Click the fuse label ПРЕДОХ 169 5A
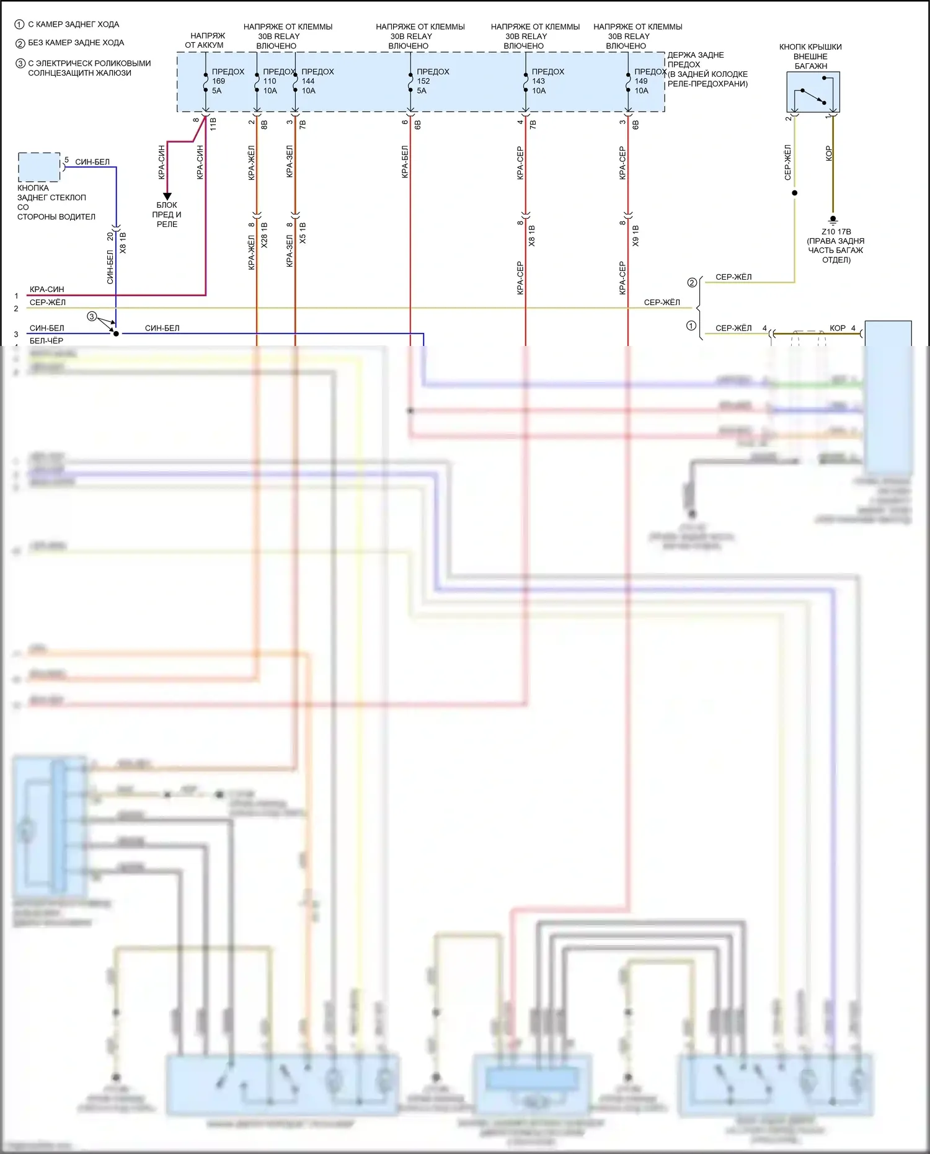[227, 81]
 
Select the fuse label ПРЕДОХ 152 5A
[432, 81]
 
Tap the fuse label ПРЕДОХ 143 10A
[547, 81]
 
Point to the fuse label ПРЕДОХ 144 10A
[317, 81]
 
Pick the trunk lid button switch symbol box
[813, 92]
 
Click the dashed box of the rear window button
[39, 167]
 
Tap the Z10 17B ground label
[836, 232]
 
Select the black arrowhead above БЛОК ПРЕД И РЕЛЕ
[167, 197]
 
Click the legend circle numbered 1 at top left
[19, 25]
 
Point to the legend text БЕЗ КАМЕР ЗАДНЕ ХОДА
[76, 43]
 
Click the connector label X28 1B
[265, 236]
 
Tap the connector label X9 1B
[635, 236]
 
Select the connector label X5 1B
[303, 233]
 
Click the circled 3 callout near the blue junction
[92, 317]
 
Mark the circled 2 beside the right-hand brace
[692, 283]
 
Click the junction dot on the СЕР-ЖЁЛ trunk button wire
[795, 193]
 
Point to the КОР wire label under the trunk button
[829, 153]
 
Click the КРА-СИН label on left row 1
[46, 290]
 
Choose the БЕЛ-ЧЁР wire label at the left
[46, 340]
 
